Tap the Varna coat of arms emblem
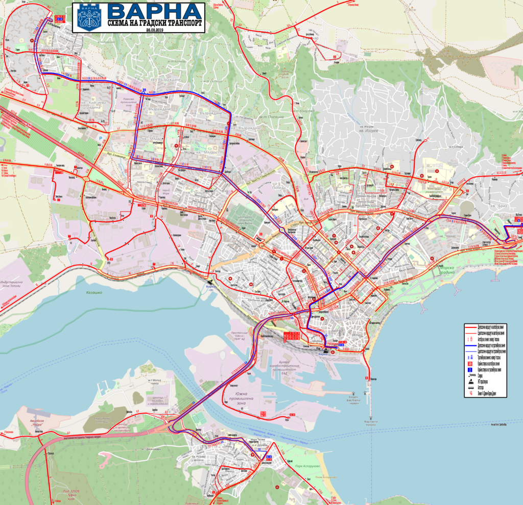pos(85,17)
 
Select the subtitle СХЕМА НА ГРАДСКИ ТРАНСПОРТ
pos(155,24)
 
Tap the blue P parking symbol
pos(101,138)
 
